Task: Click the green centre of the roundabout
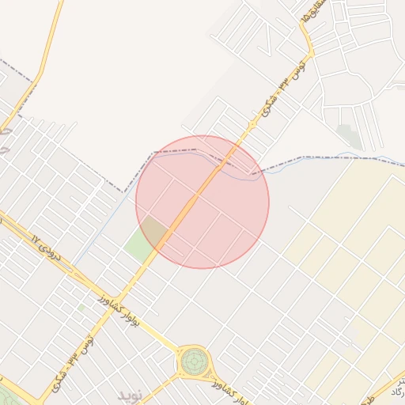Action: (x=193, y=362)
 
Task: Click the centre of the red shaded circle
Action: (x=202, y=202)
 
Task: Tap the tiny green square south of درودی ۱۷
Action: (x=81, y=308)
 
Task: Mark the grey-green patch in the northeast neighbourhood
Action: (x=348, y=135)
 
